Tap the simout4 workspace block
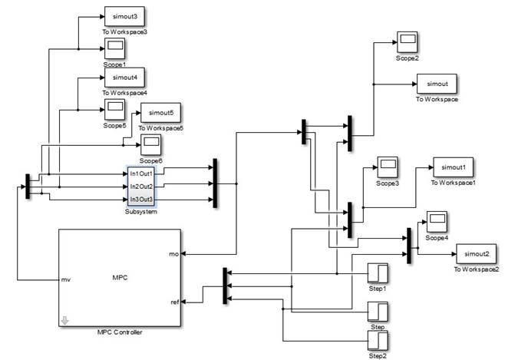(124, 78)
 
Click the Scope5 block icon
(114, 108)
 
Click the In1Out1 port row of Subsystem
(142, 173)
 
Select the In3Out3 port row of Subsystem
(142, 200)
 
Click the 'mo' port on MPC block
(173, 253)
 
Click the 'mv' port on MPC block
(66, 280)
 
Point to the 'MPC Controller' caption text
(119, 332)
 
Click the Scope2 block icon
(407, 41)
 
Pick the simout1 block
(454, 167)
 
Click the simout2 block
(477, 253)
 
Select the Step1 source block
(378, 273)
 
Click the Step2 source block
(378, 341)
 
